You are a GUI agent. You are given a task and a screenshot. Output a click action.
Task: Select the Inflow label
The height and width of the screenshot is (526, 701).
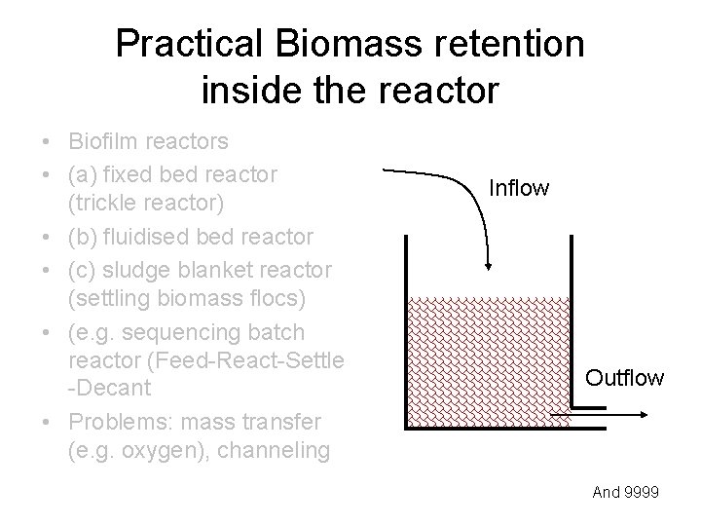point(519,187)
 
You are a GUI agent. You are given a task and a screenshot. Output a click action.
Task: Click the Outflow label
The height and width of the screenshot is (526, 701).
point(624,377)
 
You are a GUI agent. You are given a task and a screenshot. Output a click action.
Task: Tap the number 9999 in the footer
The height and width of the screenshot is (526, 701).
point(641,493)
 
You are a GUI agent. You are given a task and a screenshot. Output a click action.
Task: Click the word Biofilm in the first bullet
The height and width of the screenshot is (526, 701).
point(101,142)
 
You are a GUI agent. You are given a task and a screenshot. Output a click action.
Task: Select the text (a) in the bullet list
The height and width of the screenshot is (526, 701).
point(84,174)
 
